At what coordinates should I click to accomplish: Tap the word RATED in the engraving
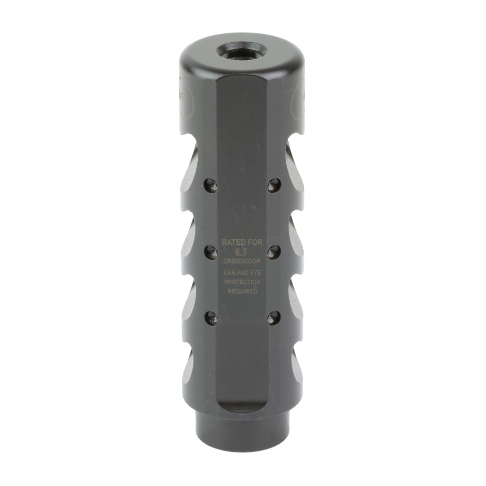[x=231, y=242]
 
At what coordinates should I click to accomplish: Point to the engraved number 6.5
[x=241, y=252]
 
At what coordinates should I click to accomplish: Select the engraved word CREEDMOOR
[x=242, y=261]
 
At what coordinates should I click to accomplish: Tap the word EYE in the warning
[x=255, y=273]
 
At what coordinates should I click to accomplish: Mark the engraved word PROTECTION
[x=242, y=282]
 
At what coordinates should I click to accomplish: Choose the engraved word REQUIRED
[x=242, y=292]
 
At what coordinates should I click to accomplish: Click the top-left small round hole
[x=210, y=185]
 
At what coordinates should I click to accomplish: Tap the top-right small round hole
[x=274, y=185]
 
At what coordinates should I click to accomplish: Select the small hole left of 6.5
[x=210, y=252]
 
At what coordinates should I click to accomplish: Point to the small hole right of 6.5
[x=274, y=252]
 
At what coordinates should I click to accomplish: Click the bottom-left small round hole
[x=210, y=318]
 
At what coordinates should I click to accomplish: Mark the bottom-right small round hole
[x=274, y=318]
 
